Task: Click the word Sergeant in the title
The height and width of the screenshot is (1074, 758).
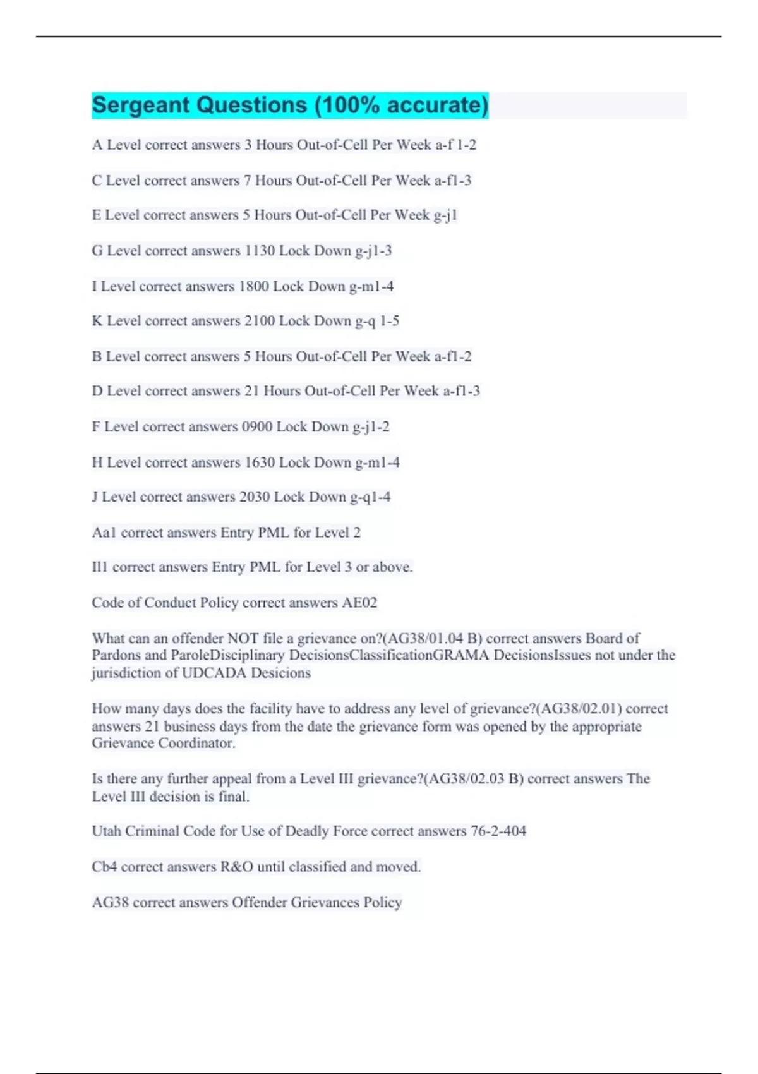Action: (x=140, y=105)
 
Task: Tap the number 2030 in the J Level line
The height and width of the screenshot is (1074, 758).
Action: (x=255, y=497)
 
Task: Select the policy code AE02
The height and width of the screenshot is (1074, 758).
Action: (x=359, y=603)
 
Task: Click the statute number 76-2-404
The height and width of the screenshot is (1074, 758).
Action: (x=498, y=831)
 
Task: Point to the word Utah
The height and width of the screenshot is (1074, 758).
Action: (x=106, y=831)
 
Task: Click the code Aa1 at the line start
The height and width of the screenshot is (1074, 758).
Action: (x=104, y=533)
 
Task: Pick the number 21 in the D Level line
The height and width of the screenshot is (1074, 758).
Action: (x=251, y=391)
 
